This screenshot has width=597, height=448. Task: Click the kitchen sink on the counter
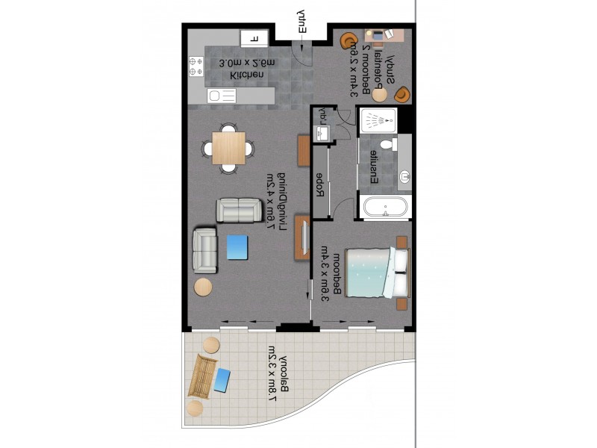pyautogui.click(x=221, y=96)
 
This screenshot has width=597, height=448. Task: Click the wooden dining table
pyautogui.click(x=228, y=147)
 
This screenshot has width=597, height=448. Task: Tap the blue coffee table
pyautogui.click(x=238, y=247)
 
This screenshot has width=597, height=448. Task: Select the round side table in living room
pyautogui.click(x=204, y=287)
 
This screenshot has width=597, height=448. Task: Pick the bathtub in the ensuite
pyautogui.click(x=384, y=208)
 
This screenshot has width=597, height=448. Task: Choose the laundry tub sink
pyautogui.click(x=323, y=133)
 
